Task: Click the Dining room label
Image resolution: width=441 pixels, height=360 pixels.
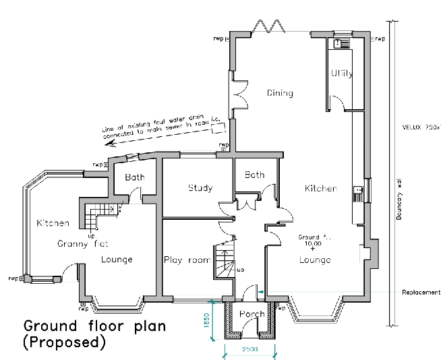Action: pyautogui.click(x=279, y=93)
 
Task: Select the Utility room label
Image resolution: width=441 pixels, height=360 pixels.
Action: pyautogui.click(x=342, y=73)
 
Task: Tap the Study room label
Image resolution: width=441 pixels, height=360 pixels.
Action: pyautogui.click(x=200, y=188)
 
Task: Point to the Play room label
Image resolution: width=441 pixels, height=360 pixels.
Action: pyautogui.click(x=187, y=260)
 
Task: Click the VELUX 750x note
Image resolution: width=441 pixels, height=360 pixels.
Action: pyautogui.click(x=421, y=127)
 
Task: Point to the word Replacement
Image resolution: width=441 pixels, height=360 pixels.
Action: pyautogui.click(x=421, y=292)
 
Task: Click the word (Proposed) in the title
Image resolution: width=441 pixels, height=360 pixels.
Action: pyautogui.click(x=65, y=342)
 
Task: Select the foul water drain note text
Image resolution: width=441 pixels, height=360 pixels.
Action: pyautogui.click(x=162, y=127)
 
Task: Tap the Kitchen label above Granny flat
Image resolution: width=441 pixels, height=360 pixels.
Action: pyautogui.click(x=53, y=222)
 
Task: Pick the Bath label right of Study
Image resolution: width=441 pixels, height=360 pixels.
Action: pyautogui.click(x=255, y=175)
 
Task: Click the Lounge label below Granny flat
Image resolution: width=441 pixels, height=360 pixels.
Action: pyautogui.click(x=117, y=260)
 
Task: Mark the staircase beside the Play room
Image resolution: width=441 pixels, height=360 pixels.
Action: pyautogui.click(x=225, y=260)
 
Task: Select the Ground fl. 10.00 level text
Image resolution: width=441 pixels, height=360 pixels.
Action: pyautogui.click(x=314, y=240)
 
